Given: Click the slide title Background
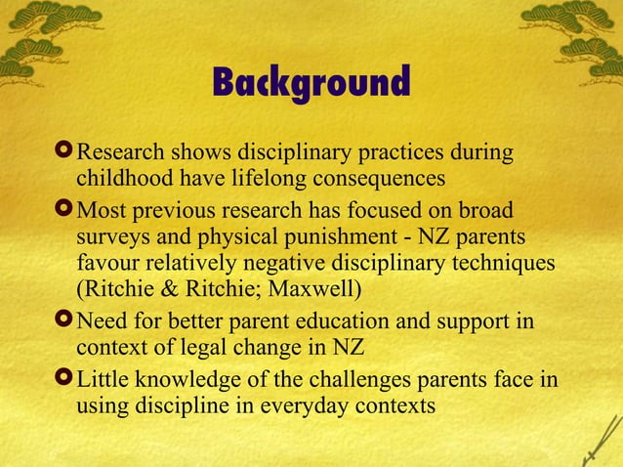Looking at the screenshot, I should point(311,84).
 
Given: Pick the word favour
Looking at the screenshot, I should point(106,264).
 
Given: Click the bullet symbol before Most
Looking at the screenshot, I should point(63,211).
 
